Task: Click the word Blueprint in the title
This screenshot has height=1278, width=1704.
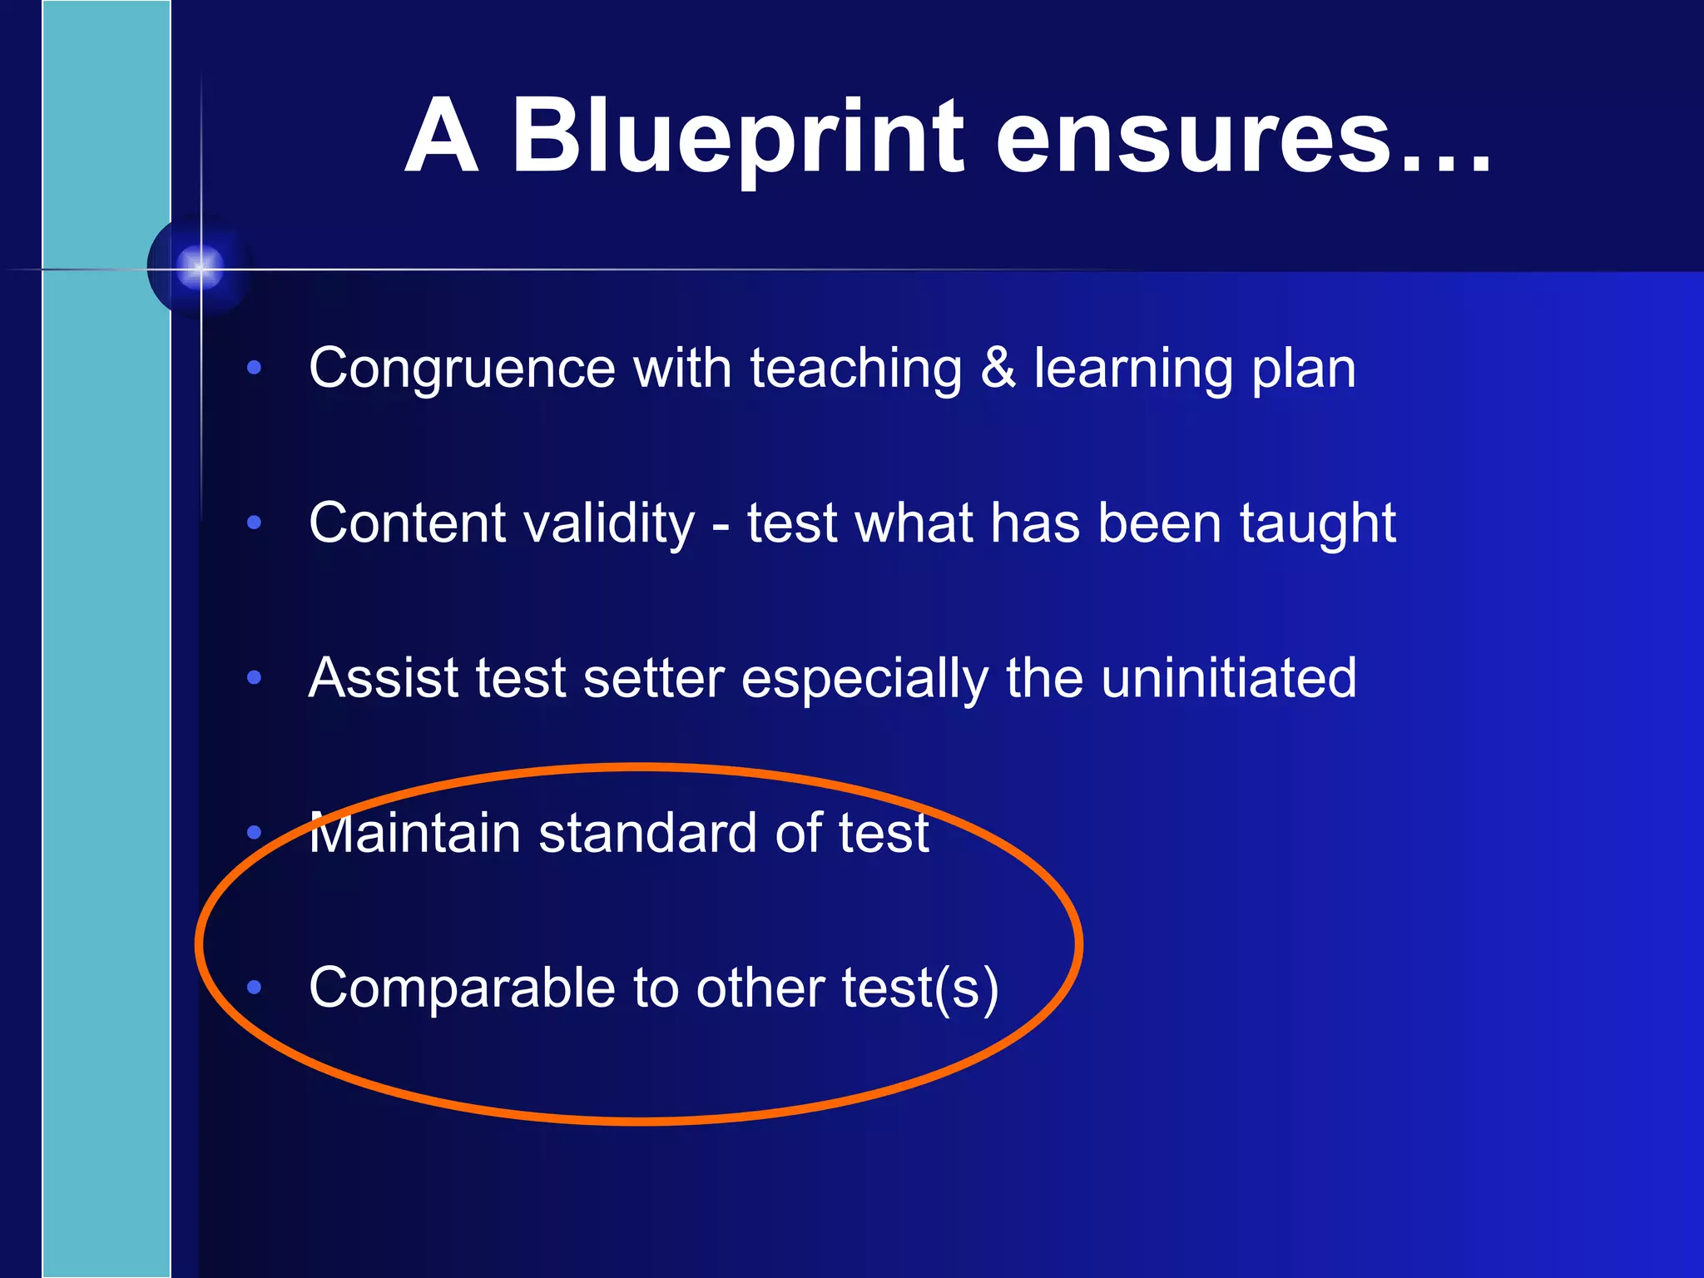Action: click(736, 137)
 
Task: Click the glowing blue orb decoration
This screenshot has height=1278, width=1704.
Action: click(200, 268)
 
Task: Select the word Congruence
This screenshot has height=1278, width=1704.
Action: click(461, 369)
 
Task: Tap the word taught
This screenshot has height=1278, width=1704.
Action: click(1317, 523)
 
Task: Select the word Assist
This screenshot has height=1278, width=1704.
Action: click(384, 677)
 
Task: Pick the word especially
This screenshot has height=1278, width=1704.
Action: click(864, 679)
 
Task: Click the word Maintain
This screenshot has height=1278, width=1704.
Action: click(414, 833)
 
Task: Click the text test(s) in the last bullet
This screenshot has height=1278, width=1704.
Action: click(919, 988)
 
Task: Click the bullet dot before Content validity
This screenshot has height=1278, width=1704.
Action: click(255, 523)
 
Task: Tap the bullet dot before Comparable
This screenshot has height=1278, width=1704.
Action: click(255, 988)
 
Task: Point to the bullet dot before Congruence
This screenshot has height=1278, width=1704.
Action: click(255, 367)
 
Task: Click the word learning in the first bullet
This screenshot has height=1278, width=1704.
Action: click(1133, 369)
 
